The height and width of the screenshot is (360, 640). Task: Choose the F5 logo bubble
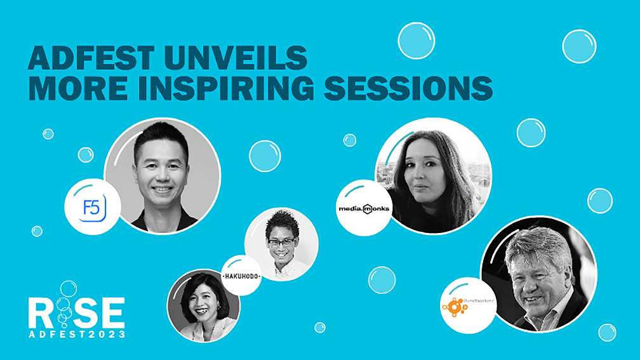coord(93,207)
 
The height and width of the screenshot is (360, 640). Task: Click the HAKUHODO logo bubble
coord(242,276)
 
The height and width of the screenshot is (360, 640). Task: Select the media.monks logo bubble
coord(364,208)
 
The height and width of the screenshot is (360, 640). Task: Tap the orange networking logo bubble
coord(469,305)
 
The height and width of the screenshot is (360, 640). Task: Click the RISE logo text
coord(77,311)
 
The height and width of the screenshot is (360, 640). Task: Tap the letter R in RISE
coord(41,311)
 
